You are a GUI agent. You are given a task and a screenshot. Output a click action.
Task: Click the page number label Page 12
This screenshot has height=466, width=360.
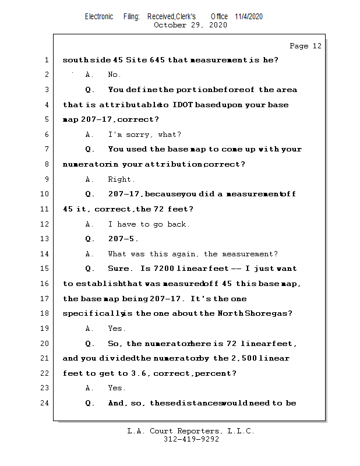305,46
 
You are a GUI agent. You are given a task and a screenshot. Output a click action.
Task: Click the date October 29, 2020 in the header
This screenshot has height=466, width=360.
190,25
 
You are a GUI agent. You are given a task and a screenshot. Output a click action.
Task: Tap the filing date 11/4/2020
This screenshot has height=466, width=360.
249,16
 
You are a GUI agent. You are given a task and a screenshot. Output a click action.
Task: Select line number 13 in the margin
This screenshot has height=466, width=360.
45,239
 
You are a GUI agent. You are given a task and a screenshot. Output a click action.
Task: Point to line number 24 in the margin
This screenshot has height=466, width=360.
45,403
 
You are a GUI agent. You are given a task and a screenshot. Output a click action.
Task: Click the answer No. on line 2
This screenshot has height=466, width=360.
114,75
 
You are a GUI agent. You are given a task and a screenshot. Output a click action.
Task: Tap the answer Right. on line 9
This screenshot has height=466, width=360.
121,179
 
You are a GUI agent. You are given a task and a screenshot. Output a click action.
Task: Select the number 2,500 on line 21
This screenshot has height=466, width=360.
244,358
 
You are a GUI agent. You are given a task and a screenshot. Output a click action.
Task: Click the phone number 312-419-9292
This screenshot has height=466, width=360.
191,439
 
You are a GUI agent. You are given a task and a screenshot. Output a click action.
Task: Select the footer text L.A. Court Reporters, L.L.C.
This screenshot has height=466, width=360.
191,431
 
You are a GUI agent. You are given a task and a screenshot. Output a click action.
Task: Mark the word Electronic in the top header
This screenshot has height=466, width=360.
99,16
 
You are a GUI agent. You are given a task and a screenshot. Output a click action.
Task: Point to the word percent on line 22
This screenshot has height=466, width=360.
214,373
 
